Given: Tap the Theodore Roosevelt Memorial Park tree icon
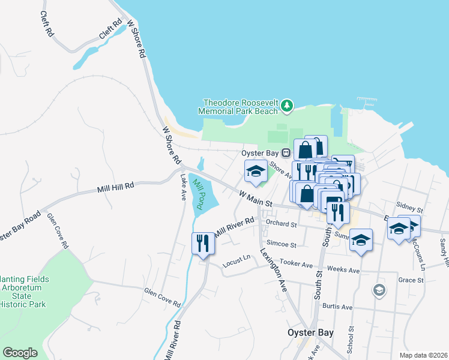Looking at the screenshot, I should click(x=288, y=106).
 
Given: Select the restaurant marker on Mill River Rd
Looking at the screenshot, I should click(x=202, y=243).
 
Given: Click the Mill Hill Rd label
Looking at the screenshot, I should click(x=115, y=188).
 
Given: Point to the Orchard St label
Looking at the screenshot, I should click(x=282, y=224).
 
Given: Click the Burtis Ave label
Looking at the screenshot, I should click(x=337, y=307).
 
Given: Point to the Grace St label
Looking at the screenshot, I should click(x=411, y=280).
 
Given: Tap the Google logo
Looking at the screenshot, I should click(x=20, y=353).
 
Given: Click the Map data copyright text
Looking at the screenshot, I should click(x=423, y=355).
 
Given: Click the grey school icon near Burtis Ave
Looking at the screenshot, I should click(x=379, y=291).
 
